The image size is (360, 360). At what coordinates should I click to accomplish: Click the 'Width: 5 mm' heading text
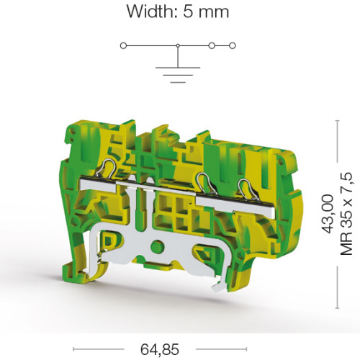tap(178, 12)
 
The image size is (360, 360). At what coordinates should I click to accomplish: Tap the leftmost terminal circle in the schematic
tap(123, 45)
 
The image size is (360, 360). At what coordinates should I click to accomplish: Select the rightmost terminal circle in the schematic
tap(233, 45)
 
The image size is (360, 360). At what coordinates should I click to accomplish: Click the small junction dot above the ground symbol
tap(178, 45)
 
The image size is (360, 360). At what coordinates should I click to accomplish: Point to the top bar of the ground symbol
tap(178, 68)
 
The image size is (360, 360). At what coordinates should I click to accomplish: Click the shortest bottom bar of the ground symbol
tap(178, 82)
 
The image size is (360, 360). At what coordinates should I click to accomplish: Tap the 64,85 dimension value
tap(160, 349)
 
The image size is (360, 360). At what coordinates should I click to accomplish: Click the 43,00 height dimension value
tap(328, 214)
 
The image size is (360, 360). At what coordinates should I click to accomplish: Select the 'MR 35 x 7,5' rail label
tap(346, 214)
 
